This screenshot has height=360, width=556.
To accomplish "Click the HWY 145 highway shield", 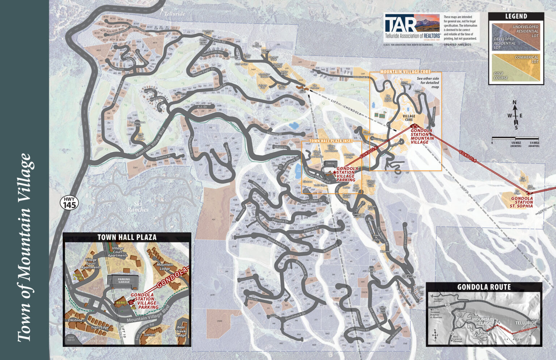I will coord(69,203).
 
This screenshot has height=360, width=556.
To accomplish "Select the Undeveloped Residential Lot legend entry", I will coord(525,31).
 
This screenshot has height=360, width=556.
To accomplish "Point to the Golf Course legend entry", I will coord(501,76).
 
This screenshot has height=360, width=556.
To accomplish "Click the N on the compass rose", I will coord(514,102).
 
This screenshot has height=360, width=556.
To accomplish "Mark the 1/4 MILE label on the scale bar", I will coord(534,143).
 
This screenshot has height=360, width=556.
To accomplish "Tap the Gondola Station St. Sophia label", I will coord(522,202).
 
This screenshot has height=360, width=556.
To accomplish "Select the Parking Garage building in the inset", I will coord(124,281).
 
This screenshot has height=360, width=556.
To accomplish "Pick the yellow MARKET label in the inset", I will coord(120,302).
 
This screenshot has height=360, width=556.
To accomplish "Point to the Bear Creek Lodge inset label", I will coord(181,331).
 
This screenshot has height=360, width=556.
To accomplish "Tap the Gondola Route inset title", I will coord(484,287).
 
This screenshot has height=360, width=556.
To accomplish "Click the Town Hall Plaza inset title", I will coord(127,238).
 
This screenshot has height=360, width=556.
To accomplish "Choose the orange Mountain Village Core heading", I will coord(405,72).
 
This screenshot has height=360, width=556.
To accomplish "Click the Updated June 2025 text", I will coord(457,45).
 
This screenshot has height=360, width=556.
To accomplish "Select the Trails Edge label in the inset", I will coord(100,327).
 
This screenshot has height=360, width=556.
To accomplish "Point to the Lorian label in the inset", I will coord(149,335).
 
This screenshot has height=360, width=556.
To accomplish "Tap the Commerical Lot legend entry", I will coord(526,59).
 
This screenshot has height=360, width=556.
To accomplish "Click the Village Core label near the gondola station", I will coord(409,118).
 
